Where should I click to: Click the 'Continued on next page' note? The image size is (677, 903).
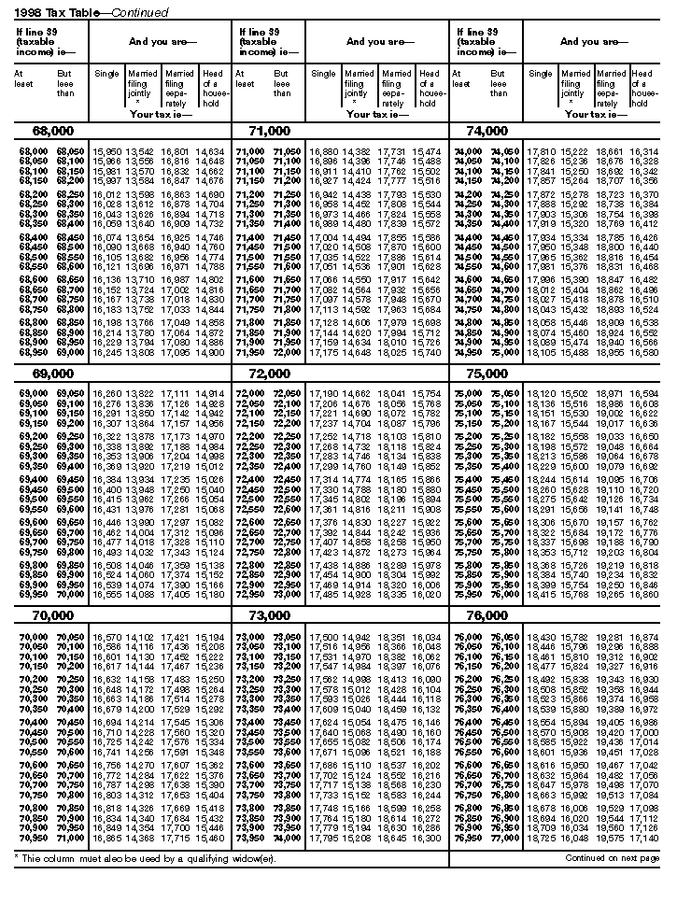coord(613,856)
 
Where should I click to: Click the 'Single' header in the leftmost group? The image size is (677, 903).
coord(106,74)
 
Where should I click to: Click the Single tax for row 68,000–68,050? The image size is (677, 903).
coord(106,151)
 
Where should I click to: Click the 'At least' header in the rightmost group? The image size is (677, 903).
coord(459,78)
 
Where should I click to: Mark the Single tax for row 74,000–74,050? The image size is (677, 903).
coord(541,151)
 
